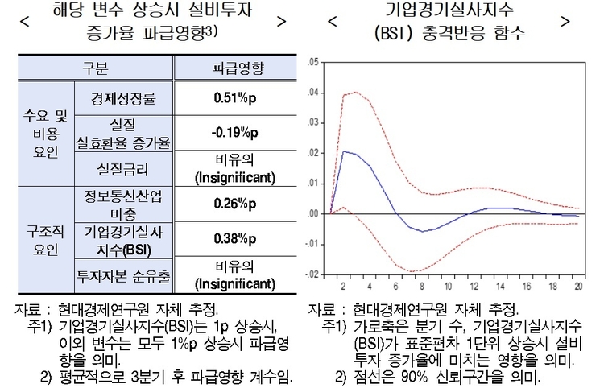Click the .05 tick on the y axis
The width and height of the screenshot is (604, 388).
(x=312, y=61)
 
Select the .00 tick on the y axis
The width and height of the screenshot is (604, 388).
(x=312, y=213)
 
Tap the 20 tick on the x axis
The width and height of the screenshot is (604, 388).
(x=578, y=287)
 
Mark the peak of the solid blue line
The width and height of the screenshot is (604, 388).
(x=344, y=151)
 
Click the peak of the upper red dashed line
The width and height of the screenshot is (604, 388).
(x=356, y=92)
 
